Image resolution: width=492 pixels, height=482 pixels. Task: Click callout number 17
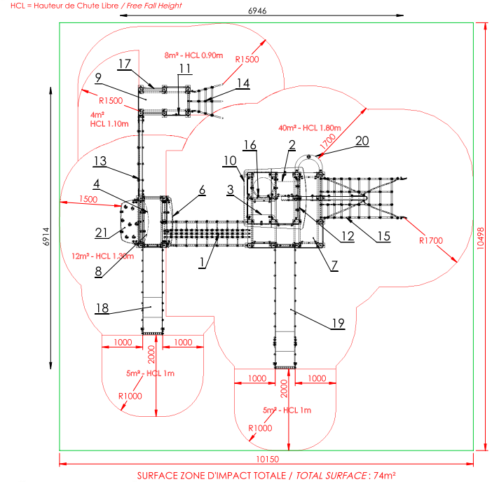tap(124, 64)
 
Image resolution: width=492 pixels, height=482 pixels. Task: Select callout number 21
tap(102, 233)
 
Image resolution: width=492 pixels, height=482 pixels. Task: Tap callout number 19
tap(339, 324)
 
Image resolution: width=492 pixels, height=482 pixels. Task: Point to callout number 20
tap(362, 141)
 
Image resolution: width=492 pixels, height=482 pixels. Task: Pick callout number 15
tap(384, 237)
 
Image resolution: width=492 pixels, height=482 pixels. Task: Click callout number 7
tap(334, 266)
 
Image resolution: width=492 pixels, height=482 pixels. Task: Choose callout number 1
tap(202, 262)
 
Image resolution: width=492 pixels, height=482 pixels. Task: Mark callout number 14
tap(243, 83)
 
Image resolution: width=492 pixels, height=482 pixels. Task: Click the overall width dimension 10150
tap(268, 459)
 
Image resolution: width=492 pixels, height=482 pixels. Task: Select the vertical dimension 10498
tap(480, 238)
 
